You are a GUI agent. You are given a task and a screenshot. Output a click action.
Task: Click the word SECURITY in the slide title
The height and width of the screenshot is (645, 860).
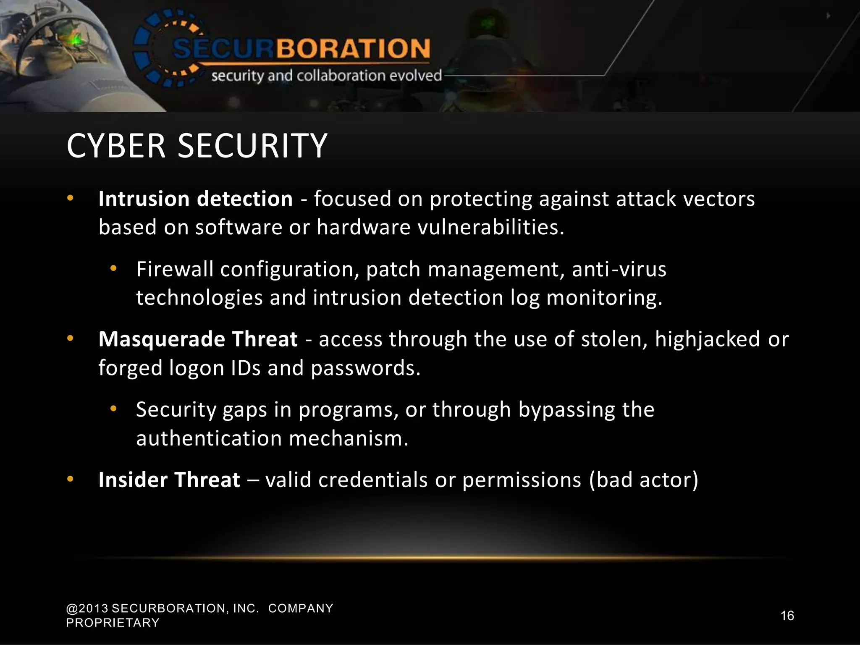coord(252,146)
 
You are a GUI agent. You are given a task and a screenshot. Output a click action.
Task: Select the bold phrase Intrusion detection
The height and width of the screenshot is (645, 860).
coord(195,199)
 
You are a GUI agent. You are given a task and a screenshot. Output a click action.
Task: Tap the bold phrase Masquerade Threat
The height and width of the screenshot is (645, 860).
coord(198,339)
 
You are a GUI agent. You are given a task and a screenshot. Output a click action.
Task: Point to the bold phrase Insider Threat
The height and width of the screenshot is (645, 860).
coord(169,480)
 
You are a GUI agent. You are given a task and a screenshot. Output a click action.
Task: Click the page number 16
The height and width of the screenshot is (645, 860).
coord(787,616)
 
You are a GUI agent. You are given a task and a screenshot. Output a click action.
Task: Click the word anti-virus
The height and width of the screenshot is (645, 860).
coord(619,269)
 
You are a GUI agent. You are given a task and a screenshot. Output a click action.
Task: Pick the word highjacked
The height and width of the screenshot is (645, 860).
coord(707,339)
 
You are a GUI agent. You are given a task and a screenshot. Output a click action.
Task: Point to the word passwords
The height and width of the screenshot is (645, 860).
coord(365,368)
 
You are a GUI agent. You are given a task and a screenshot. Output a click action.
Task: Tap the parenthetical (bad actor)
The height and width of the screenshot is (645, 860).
coord(644,480)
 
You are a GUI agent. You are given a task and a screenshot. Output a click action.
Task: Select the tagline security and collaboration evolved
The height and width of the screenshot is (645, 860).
coord(326,76)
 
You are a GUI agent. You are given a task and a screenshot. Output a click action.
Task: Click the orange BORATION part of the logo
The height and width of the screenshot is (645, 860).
coord(353,48)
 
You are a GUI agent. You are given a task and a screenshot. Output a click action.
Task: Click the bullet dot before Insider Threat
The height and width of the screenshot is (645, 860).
coord(70,479)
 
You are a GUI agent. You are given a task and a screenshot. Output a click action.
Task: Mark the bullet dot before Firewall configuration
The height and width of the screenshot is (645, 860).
coord(113,268)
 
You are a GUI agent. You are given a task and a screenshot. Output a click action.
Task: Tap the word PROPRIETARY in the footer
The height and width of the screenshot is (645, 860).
coord(113,623)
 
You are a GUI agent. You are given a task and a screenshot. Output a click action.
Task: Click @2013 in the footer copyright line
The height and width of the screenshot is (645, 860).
coord(87,608)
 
